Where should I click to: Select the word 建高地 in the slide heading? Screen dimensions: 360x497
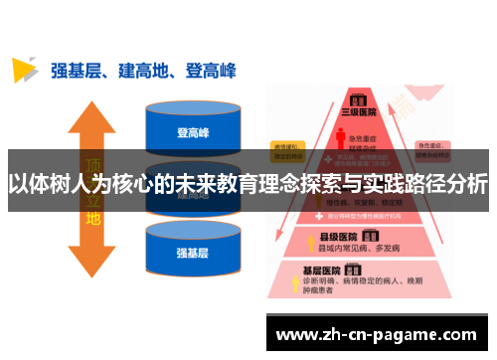pos(150,70)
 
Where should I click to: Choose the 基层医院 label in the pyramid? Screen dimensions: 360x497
pos(324,270)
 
